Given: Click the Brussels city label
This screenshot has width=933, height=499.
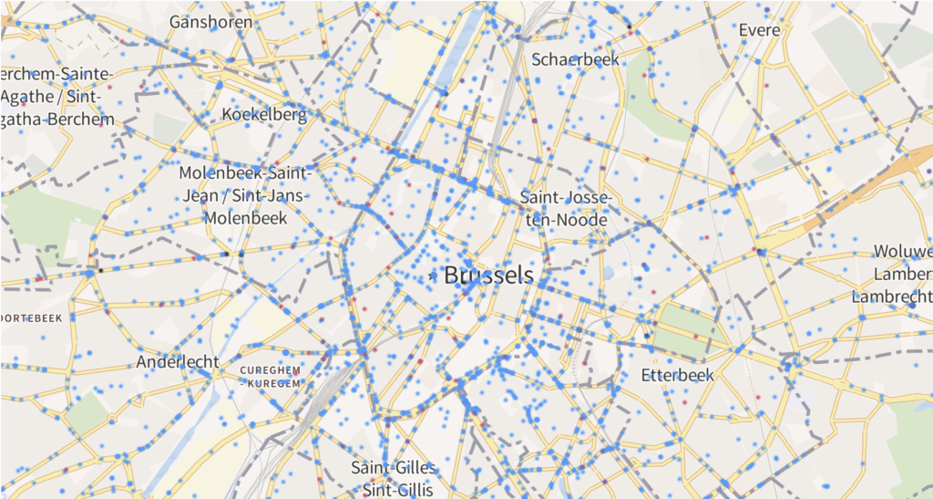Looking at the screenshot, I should click(488, 275).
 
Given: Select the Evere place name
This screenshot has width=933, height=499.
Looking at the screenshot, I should click(759, 30).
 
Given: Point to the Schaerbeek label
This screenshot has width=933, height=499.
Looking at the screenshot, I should click(575, 59).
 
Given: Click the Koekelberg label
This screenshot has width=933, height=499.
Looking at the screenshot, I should click(264, 115).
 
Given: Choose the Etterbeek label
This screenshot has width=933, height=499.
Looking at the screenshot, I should click(677, 375).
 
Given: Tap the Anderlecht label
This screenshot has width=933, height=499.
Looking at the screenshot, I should click(178, 362).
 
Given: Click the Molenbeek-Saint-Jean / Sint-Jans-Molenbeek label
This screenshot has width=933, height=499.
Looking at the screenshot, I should click(246, 195).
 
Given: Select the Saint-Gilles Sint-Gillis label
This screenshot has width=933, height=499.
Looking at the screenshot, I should click(394, 478).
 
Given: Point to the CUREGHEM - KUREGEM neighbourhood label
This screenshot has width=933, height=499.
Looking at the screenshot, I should click(270, 377).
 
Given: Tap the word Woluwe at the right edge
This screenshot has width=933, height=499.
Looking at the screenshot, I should click(902, 251).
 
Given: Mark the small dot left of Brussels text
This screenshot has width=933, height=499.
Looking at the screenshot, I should click(432, 275).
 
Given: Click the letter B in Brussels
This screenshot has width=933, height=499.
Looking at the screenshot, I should click(452, 275).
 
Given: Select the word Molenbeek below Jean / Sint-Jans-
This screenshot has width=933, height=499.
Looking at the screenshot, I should click(246, 218).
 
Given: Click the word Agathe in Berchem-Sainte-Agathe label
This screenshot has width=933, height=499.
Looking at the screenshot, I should click(27, 96).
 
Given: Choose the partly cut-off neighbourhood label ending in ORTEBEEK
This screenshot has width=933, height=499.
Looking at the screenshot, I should click(31, 317).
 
